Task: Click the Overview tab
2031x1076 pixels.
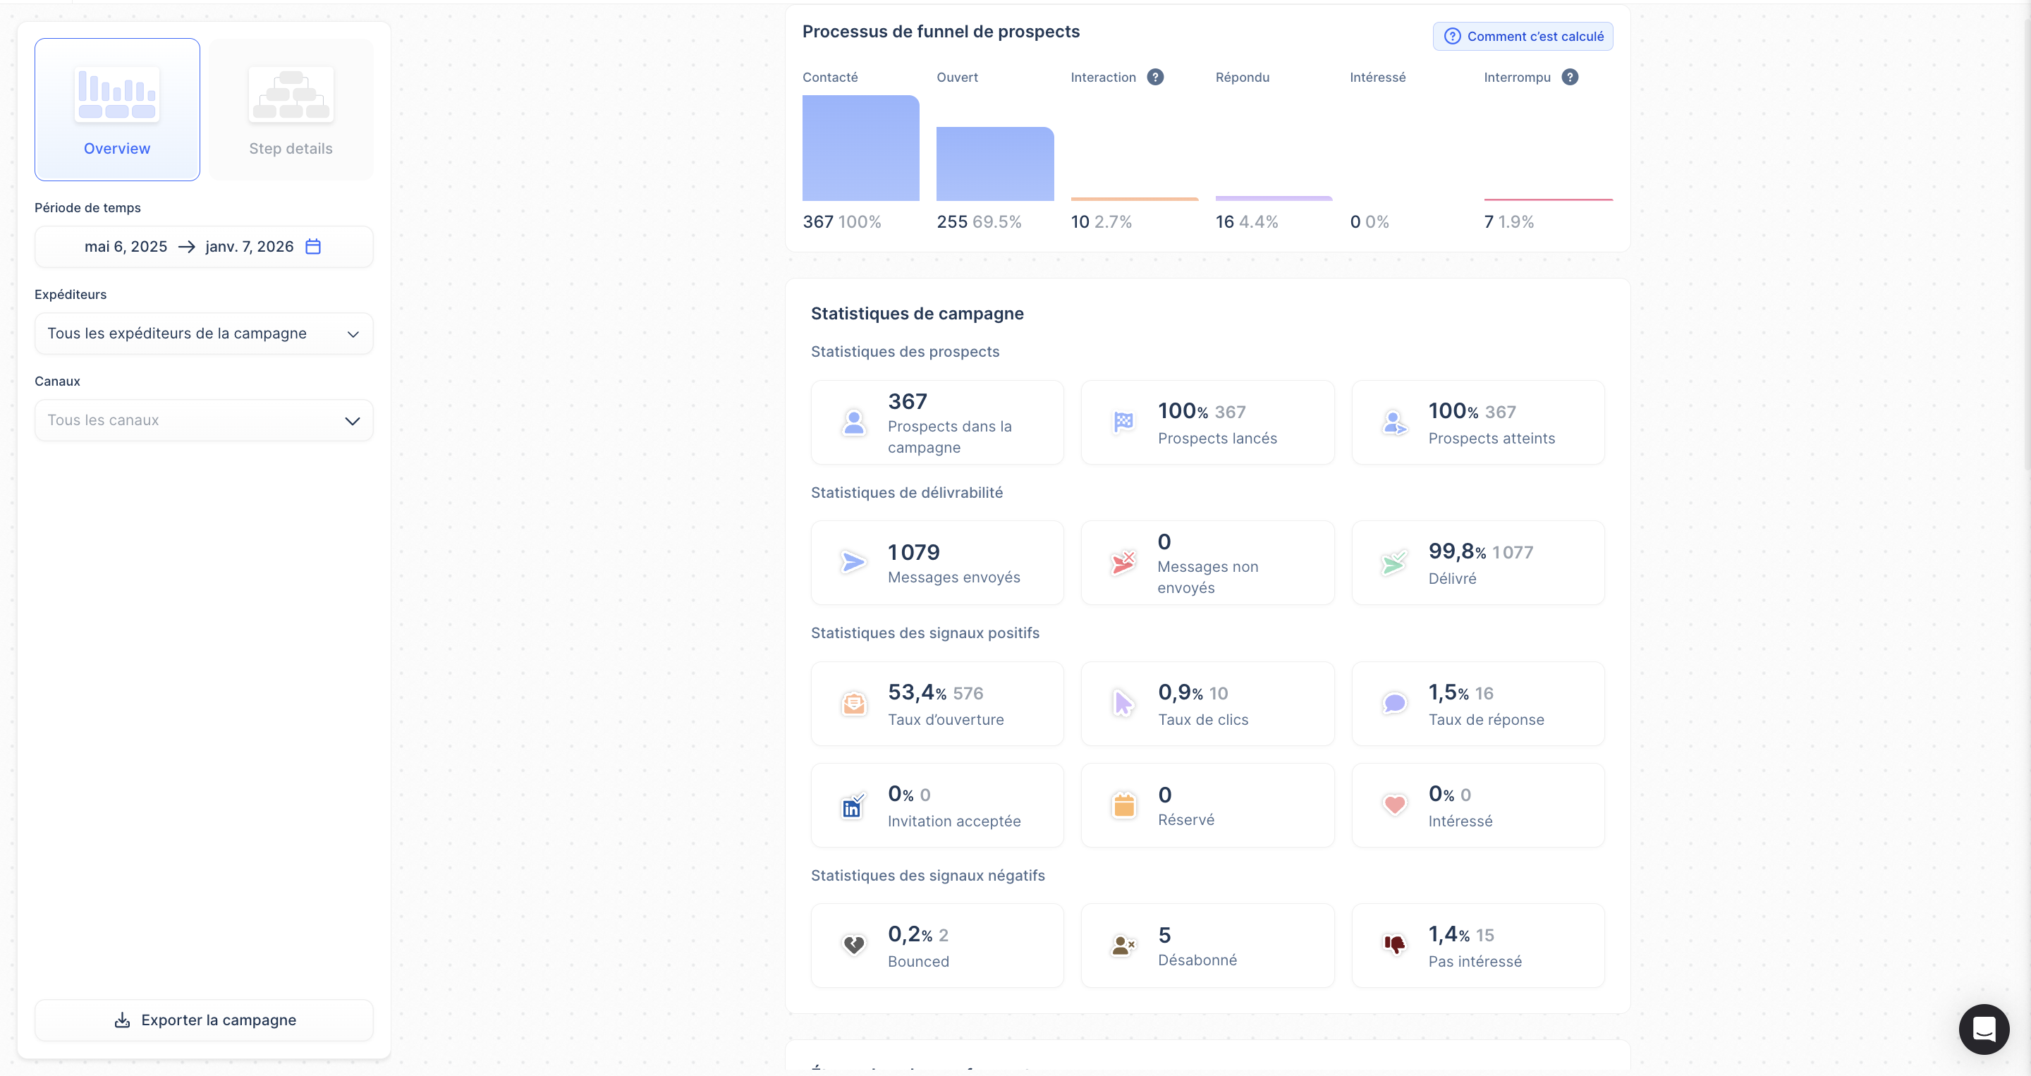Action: click(x=116, y=109)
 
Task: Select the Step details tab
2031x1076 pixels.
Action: click(x=291, y=109)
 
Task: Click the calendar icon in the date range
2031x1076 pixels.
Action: click(x=313, y=247)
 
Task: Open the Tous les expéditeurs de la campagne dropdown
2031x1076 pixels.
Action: click(x=203, y=334)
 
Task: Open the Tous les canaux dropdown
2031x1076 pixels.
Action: click(x=203, y=420)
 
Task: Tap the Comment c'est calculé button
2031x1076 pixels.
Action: click(x=1523, y=36)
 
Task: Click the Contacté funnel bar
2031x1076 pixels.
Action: click(x=861, y=148)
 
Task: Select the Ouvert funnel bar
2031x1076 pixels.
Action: click(x=995, y=164)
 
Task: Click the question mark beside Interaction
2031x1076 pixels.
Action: click(x=1155, y=78)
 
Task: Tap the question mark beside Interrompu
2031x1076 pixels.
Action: click(x=1570, y=78)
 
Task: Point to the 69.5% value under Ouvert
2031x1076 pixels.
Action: click(x=996, y=222)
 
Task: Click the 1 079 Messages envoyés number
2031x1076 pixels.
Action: click(x=914, y=552)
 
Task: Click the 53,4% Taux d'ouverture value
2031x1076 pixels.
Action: click(x=917, y=692)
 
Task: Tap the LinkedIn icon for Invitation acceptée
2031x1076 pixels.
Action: click(x=853, y=806)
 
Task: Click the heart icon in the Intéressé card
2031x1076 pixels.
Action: click(x=1395, y=805)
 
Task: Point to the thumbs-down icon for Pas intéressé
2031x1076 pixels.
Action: click(x=1395, y=944)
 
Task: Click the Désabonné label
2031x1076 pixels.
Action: click(x=1197, y=960)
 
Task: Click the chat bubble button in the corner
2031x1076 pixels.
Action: click(x=1984, y=1029)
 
